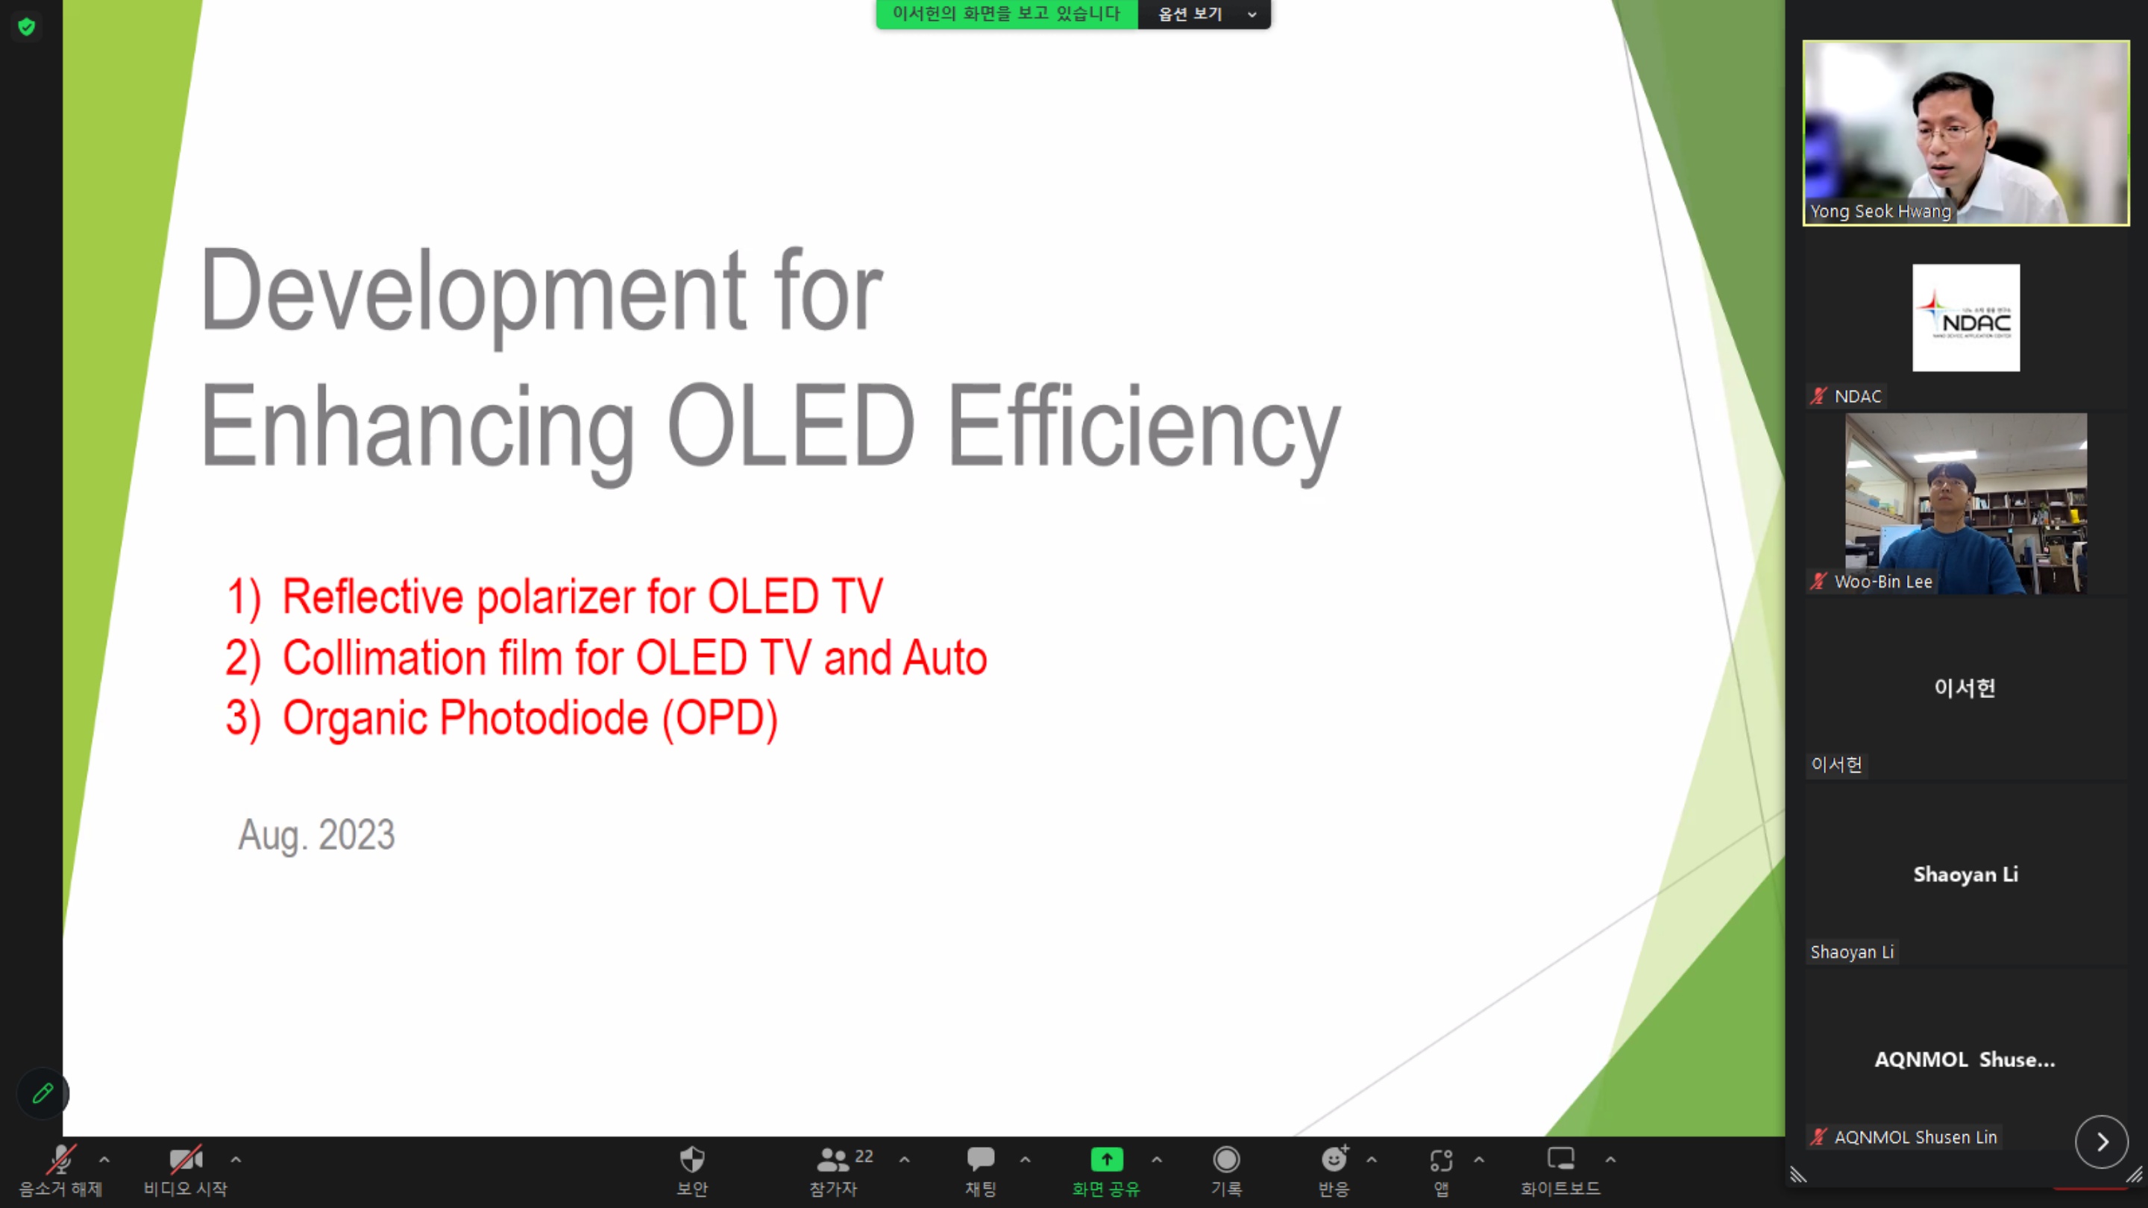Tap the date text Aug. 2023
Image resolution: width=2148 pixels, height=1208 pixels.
(316, 834)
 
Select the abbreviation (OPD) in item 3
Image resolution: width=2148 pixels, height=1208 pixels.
(720, 718)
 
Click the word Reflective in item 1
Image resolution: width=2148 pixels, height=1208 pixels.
(373, 596)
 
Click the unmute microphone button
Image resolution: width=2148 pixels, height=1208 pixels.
(60, 1160)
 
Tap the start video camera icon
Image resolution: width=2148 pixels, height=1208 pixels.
(186, 1159)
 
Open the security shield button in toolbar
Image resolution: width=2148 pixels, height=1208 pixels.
(692, 1159)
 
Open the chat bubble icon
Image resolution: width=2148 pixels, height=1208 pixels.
(981, 1159)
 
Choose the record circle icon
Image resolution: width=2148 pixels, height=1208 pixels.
(1227, 1159)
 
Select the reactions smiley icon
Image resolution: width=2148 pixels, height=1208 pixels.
(1334, 1159)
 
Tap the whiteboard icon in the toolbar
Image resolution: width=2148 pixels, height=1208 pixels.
(1560, 1159)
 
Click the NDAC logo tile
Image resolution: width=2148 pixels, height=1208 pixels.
(1965, 318)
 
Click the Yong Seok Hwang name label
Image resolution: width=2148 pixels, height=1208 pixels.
(1880, 212)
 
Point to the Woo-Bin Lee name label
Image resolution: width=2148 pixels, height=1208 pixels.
(1882, 582)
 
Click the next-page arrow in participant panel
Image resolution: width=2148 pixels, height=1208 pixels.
(2101, 1142)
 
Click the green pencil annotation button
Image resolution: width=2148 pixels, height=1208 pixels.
(43, 1093)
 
